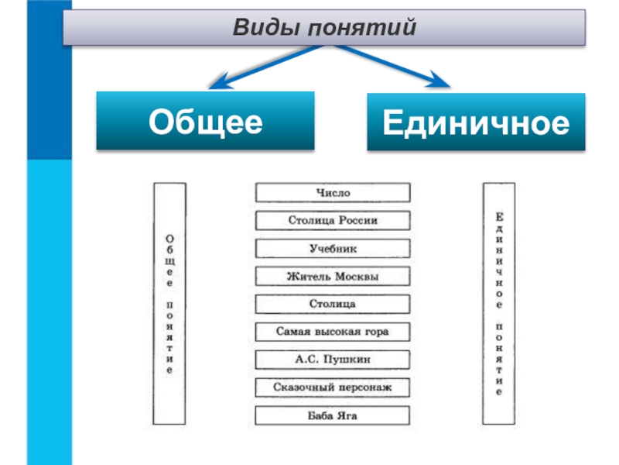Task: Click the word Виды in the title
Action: pos(267,28)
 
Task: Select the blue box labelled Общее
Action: pos(205,121)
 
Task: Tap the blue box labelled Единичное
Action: pos(476,122)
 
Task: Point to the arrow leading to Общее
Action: pos(267,67)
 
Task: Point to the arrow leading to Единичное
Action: pos(392,66)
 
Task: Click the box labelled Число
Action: pos(333,192)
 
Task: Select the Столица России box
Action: pos(333,220)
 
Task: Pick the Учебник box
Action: pos(333,248)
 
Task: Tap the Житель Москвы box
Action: pos(333,276)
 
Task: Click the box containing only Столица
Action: pos(333,304)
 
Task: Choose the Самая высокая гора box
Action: pos(333,332)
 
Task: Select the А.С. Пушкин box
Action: pos(333,360)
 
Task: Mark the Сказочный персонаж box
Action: pos(333,387)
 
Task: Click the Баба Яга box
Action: pos(333,415)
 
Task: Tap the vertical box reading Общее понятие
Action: pos(169,303)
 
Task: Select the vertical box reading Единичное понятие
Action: pos(499,303)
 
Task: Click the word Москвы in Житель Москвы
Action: pos(357,277)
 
